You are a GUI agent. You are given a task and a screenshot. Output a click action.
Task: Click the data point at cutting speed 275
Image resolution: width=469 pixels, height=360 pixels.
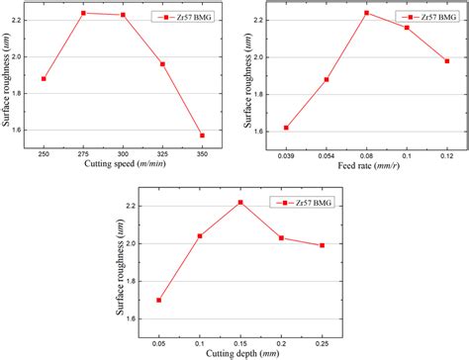[x=83, y=13]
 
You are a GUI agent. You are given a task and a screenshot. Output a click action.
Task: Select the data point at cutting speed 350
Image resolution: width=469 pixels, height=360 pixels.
[x=202, y=135]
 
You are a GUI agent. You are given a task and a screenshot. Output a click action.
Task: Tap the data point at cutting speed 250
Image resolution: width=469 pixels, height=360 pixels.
[x=44, y=79]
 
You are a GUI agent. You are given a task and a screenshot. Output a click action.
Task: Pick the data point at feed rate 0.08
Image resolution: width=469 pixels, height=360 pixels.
[x=366, y=13]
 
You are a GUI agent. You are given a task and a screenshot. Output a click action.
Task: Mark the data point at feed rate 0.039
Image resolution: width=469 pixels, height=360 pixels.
[x=286, y=128]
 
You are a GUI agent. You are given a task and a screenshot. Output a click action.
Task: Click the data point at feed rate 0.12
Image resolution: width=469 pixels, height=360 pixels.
[x=446, y=61]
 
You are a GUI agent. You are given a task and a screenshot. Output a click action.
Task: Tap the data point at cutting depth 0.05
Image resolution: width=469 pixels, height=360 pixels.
[x=159, y=300]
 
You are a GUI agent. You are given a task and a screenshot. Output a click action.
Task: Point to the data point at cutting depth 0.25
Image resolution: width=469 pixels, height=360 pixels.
[x=322, y=245]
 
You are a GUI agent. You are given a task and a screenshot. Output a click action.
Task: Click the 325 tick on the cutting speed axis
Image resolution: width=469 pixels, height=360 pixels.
[x=162, y=155]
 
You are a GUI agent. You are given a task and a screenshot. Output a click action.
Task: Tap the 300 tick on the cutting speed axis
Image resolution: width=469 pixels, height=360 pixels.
[x=123, y=155]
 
